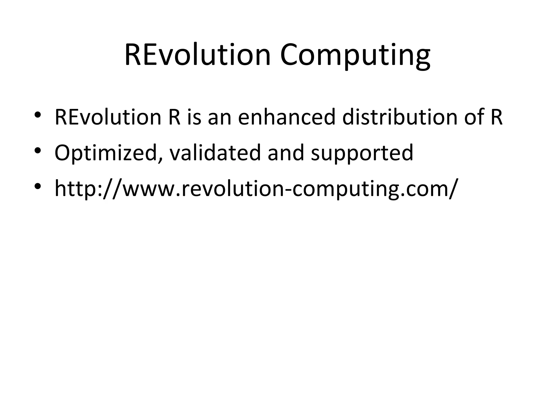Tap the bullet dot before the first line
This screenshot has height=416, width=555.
pos(38,114)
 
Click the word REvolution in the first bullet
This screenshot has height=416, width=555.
pos(108,117)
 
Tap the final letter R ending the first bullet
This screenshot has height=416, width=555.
pos(496,117)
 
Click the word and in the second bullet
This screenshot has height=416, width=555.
pos(286,153)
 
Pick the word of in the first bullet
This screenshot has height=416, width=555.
pos(474,117)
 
